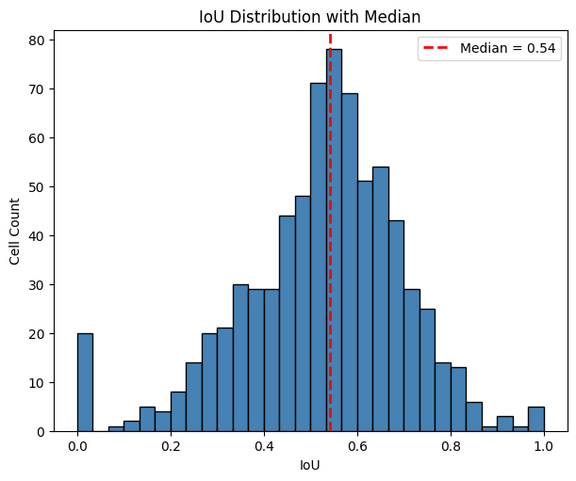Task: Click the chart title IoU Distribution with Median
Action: pos(310,16)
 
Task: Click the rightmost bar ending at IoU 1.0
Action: pos(535,419)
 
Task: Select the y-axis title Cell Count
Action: pos(15,231)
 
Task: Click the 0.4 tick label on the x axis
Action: pos(264,446)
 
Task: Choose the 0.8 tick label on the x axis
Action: pos(450,446)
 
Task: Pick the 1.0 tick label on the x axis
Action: pos(543,446)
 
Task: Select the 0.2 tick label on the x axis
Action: pos(171,446)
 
